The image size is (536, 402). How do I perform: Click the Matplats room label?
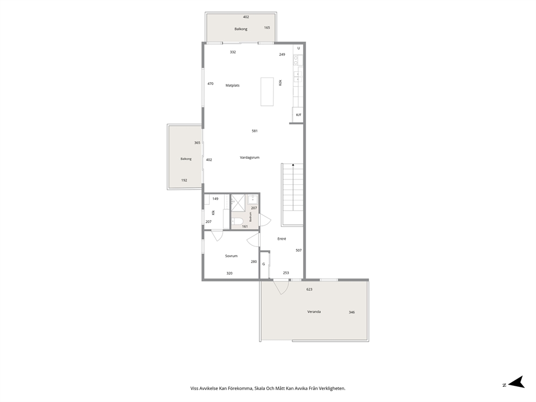click(x=232, y=85)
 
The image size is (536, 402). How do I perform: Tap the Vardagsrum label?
click(x=250, y=158)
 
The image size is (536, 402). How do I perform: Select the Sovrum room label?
click(x=231, y=256)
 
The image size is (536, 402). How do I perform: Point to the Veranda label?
click(x=314, y=312)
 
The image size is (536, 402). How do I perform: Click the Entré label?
click(x=282, y=239)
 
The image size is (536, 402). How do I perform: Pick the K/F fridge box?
click(x=298, y=115)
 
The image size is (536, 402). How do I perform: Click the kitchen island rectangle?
click(x=267, y=92)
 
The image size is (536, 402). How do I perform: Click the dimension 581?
click(x=254, y=131)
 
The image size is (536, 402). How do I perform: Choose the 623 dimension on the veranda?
click(x=310, y=289)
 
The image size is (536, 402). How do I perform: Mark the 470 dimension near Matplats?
click(x=211, y=83)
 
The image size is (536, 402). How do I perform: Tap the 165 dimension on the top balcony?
click(x=267, y=28)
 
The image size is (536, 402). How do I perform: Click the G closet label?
click(x=264, y=264)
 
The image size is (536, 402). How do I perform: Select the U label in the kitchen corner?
click(x=298, y=48)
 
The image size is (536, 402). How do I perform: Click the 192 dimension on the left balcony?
click(x=184, y=180)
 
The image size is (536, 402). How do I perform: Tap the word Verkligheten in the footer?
click(x=333, y=388)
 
